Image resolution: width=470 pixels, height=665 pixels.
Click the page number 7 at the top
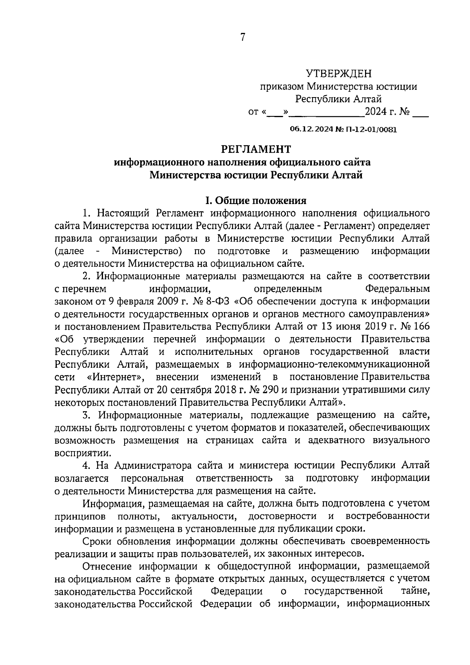(243, 38)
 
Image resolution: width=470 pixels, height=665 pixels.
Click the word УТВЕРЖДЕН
(338, 73)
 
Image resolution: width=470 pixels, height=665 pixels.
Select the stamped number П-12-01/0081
(370, 130)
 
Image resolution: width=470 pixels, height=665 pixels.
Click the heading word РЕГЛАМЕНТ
(256, 149)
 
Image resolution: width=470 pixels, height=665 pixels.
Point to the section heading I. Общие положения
(256, 201)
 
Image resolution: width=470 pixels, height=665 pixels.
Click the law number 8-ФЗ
(217, 302)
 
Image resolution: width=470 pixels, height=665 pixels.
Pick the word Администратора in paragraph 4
(153, 465)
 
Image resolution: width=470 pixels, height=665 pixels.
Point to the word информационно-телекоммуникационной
(334, 365)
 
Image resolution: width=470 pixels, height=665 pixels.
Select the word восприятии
(77, 453)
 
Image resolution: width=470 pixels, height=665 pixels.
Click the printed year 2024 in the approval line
(376, 113)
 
